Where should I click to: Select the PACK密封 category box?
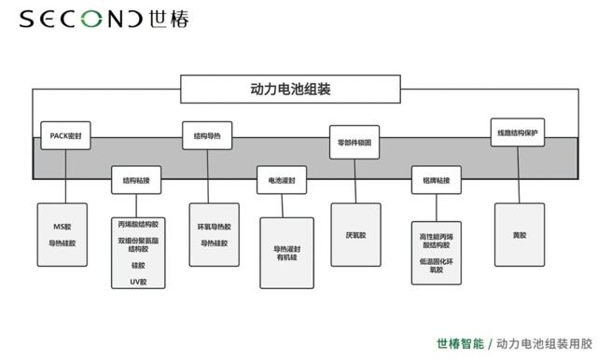click(66, 135)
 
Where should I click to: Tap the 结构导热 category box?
click(206, 135)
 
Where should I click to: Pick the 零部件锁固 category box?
click(354, 142)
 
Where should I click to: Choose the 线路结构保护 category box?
click(517, 132)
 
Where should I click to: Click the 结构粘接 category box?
click(136, 179)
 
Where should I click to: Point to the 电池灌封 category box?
click(282, 179)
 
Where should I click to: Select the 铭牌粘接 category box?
click(437, 179)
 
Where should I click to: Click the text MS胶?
click(62, 227)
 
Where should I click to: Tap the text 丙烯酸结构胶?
click(137, 225)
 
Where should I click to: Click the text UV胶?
click(137, 278)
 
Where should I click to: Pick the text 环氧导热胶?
click(214, 227)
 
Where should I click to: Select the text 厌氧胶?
click(355, 235)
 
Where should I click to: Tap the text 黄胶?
click(519, 235)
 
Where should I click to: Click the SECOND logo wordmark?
click(80, 20)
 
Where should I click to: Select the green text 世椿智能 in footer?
click(460, 343)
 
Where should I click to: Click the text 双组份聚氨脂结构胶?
click(137, 244)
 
